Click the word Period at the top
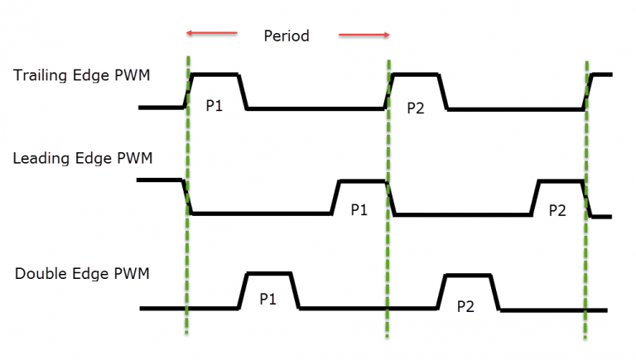286,36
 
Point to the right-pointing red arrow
364,35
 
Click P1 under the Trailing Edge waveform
214,107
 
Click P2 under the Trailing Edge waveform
416,108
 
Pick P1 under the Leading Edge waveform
359,210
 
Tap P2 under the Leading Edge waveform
557,210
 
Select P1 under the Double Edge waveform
267,299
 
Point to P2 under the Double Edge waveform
465,306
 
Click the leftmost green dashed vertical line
188,248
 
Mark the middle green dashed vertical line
387,248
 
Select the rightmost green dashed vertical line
586,248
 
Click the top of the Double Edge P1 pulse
270,273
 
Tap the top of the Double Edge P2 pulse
469,274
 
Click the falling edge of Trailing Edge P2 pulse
444,91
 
